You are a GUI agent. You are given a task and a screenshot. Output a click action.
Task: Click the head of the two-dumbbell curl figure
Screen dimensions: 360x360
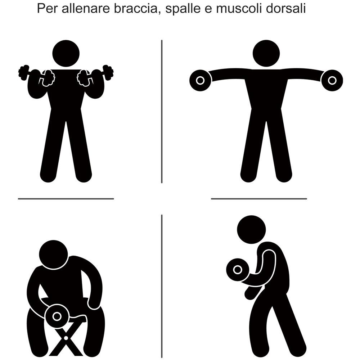66,53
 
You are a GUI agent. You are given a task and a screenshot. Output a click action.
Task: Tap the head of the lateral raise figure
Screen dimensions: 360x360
266,53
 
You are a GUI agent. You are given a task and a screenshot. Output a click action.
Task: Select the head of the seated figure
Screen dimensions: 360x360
53,254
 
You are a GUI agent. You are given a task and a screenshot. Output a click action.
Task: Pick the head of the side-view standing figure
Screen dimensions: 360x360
252,229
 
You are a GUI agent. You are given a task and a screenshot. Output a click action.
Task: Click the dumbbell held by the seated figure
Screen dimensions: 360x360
57,316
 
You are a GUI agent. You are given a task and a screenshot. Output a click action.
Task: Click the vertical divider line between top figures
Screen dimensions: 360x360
162,112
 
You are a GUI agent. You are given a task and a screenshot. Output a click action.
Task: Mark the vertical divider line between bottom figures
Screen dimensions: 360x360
162,284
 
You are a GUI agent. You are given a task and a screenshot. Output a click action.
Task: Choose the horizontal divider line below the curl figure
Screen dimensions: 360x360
66,199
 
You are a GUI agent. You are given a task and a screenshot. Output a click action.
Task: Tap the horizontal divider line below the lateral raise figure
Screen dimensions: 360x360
259,199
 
